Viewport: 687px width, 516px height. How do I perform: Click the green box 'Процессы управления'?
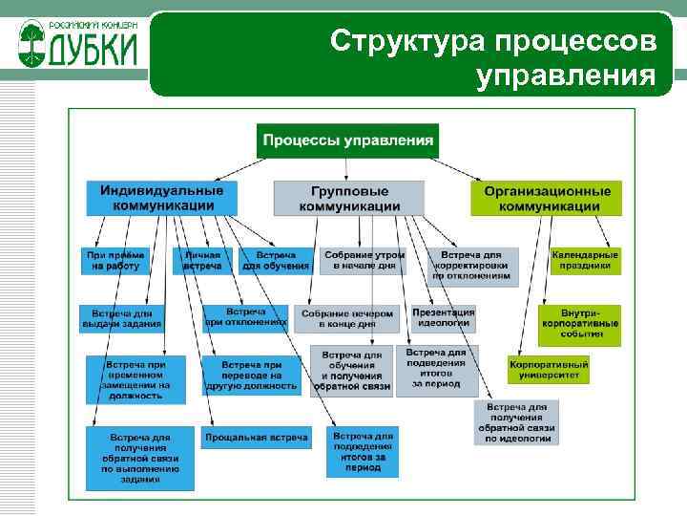click(x=347, y=140)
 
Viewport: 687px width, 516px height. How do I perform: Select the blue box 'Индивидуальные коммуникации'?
click(x=162, y=198)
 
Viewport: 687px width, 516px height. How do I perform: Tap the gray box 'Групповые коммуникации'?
click(x=349, y=198)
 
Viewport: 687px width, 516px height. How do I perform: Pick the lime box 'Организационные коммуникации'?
click(x=545, y=198)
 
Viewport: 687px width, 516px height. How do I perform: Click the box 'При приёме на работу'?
click(x=115, y=261)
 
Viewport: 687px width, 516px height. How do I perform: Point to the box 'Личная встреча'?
click(x=202, y=261)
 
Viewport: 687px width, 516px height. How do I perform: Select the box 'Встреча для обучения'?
click(x=276, y=261)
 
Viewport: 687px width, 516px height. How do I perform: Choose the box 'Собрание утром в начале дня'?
click(x=364, y=261)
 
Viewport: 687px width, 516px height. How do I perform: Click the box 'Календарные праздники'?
click(x=585, y=261)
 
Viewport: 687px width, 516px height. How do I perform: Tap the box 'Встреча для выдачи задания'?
click(x=122, y=318)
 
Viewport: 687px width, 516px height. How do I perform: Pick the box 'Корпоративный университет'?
click(x=549, y=370)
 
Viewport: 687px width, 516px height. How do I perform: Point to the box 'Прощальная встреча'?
click(x=257, y=438)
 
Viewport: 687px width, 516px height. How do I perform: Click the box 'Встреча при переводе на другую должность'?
click(x=251, y=376)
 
